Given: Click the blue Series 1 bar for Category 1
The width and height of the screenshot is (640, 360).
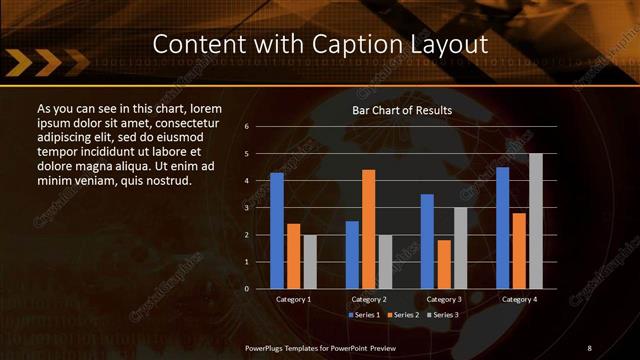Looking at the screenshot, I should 277,231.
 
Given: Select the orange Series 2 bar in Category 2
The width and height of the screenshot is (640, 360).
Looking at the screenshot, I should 368,229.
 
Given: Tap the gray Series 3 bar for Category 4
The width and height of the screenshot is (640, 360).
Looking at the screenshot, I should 535,221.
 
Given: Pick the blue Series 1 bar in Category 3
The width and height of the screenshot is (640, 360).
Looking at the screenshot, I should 427,241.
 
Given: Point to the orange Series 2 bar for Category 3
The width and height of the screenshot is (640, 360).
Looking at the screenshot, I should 443,264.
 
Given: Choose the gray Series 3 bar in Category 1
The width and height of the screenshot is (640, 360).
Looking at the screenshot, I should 310,262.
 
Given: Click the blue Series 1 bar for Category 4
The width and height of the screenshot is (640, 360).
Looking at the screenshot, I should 502,228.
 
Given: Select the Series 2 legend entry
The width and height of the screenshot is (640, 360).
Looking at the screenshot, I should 403,315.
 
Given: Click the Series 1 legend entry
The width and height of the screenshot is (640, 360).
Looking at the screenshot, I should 361,315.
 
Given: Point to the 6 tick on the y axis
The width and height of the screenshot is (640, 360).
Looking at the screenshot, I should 260,127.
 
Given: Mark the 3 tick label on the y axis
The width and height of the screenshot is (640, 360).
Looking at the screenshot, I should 260,208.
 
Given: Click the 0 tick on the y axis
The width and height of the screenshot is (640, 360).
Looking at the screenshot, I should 260,289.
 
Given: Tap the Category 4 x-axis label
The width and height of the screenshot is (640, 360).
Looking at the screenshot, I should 518,299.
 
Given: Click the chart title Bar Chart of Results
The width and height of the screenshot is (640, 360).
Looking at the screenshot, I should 402,110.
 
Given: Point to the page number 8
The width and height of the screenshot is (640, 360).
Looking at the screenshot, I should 589,347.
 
